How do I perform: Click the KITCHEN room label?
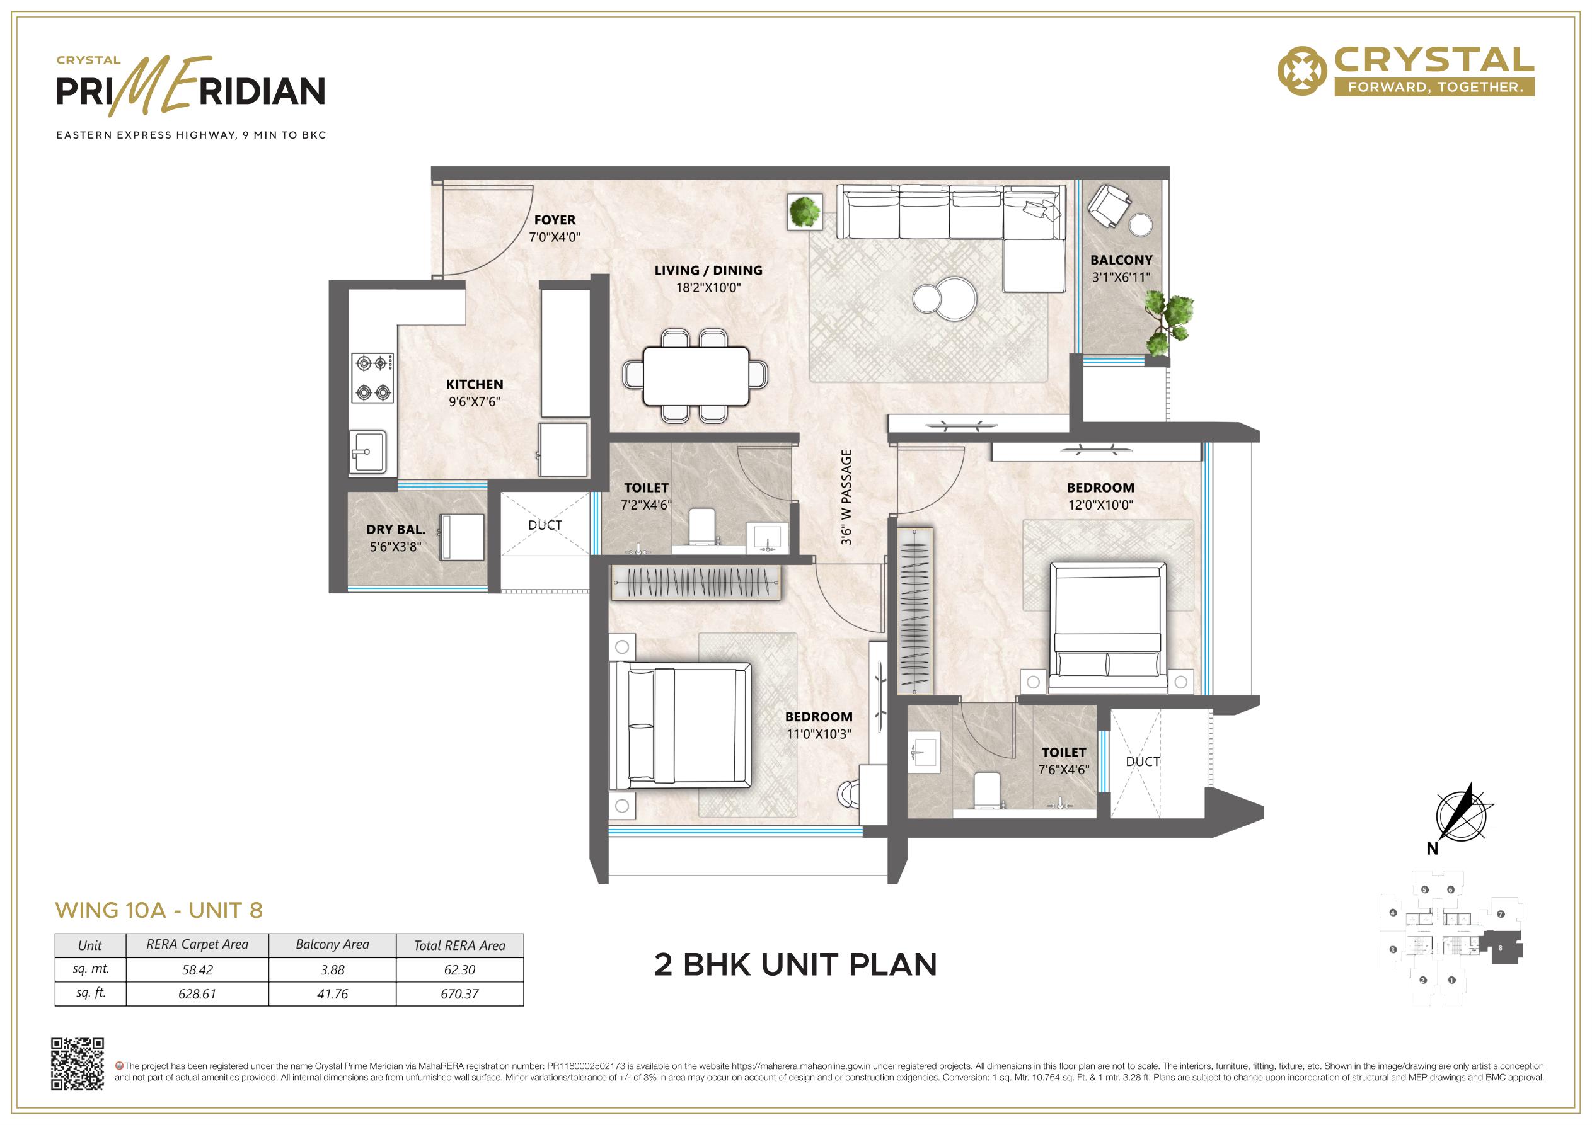click(x=475, y=384)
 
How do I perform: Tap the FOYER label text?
click(x=555, y=220)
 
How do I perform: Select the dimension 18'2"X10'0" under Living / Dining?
click(x=708, y=288)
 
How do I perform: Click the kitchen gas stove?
click(x=372, y=378)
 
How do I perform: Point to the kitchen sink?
click(x=367, y=452)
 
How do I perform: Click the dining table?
click(x=695, y=377)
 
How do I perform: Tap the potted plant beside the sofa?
click(x=805, y=212)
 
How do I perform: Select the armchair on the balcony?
click(x=1109, y=205)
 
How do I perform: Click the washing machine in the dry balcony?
click(x=463, y=537)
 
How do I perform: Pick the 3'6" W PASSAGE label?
click(x=846, y=497)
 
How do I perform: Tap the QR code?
click(x=78, y=1064)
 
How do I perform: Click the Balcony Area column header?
click(x=332, y=945)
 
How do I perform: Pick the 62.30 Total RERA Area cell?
click(x=459, y=970)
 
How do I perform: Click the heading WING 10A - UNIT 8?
click(x=159, y=910)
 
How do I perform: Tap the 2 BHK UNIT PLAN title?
click(x=795, y=965)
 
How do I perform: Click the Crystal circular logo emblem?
click(x=1302, y=70)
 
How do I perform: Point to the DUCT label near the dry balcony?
click(x=545, y=525)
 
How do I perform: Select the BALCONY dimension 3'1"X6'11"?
click(x=1121, y=277)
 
